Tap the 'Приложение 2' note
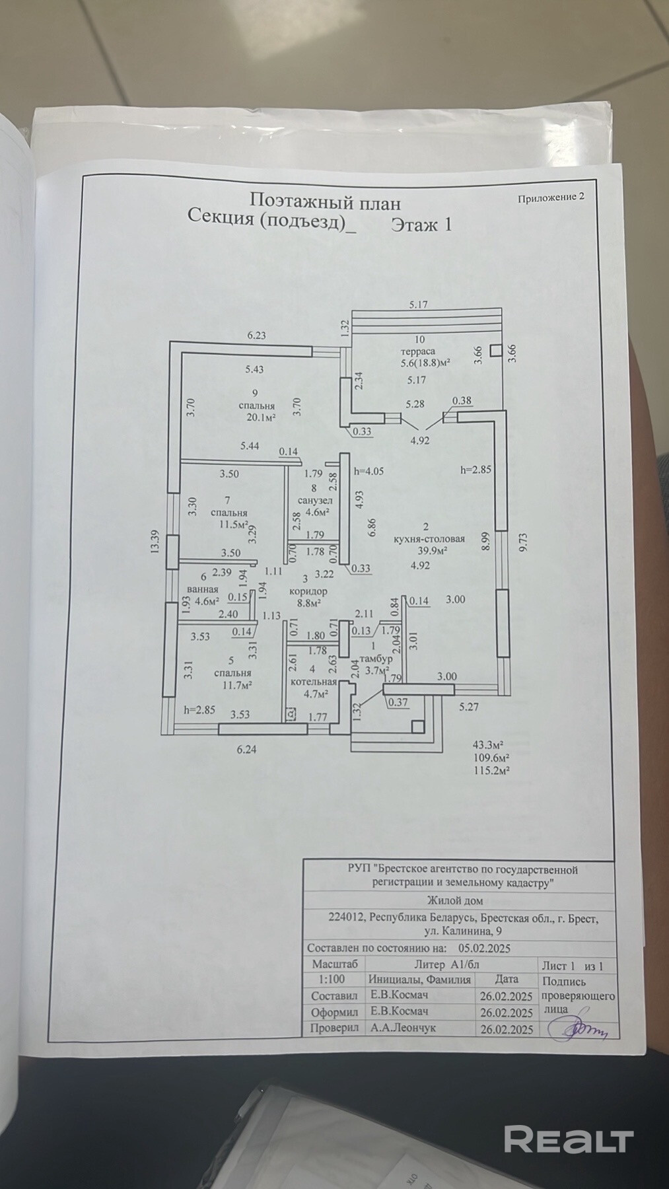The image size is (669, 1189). click(551, 196)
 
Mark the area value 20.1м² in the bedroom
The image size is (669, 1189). click(261, 417)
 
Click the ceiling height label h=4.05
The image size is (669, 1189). click(369, 471)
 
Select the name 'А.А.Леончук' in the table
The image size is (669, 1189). click(402, 1028)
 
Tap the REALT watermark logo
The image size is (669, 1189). click(569, 1139)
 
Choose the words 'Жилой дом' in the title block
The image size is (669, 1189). click(455, 900)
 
